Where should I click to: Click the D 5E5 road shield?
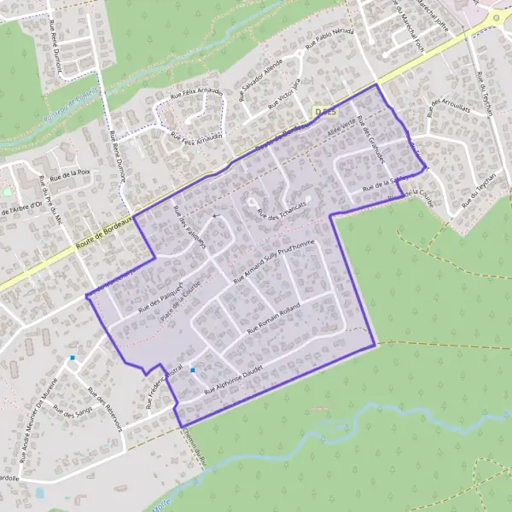tap(325, 111)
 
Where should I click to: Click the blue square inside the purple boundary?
tap(194, 369)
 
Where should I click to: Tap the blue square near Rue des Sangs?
tap(73, 358)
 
